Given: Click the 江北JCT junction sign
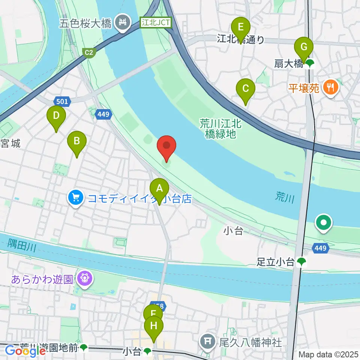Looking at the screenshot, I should [156, 22].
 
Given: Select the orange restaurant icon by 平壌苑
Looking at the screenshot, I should [330, 88].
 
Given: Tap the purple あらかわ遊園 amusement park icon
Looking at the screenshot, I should [84, 279].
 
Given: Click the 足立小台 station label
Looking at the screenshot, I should [276, 262].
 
